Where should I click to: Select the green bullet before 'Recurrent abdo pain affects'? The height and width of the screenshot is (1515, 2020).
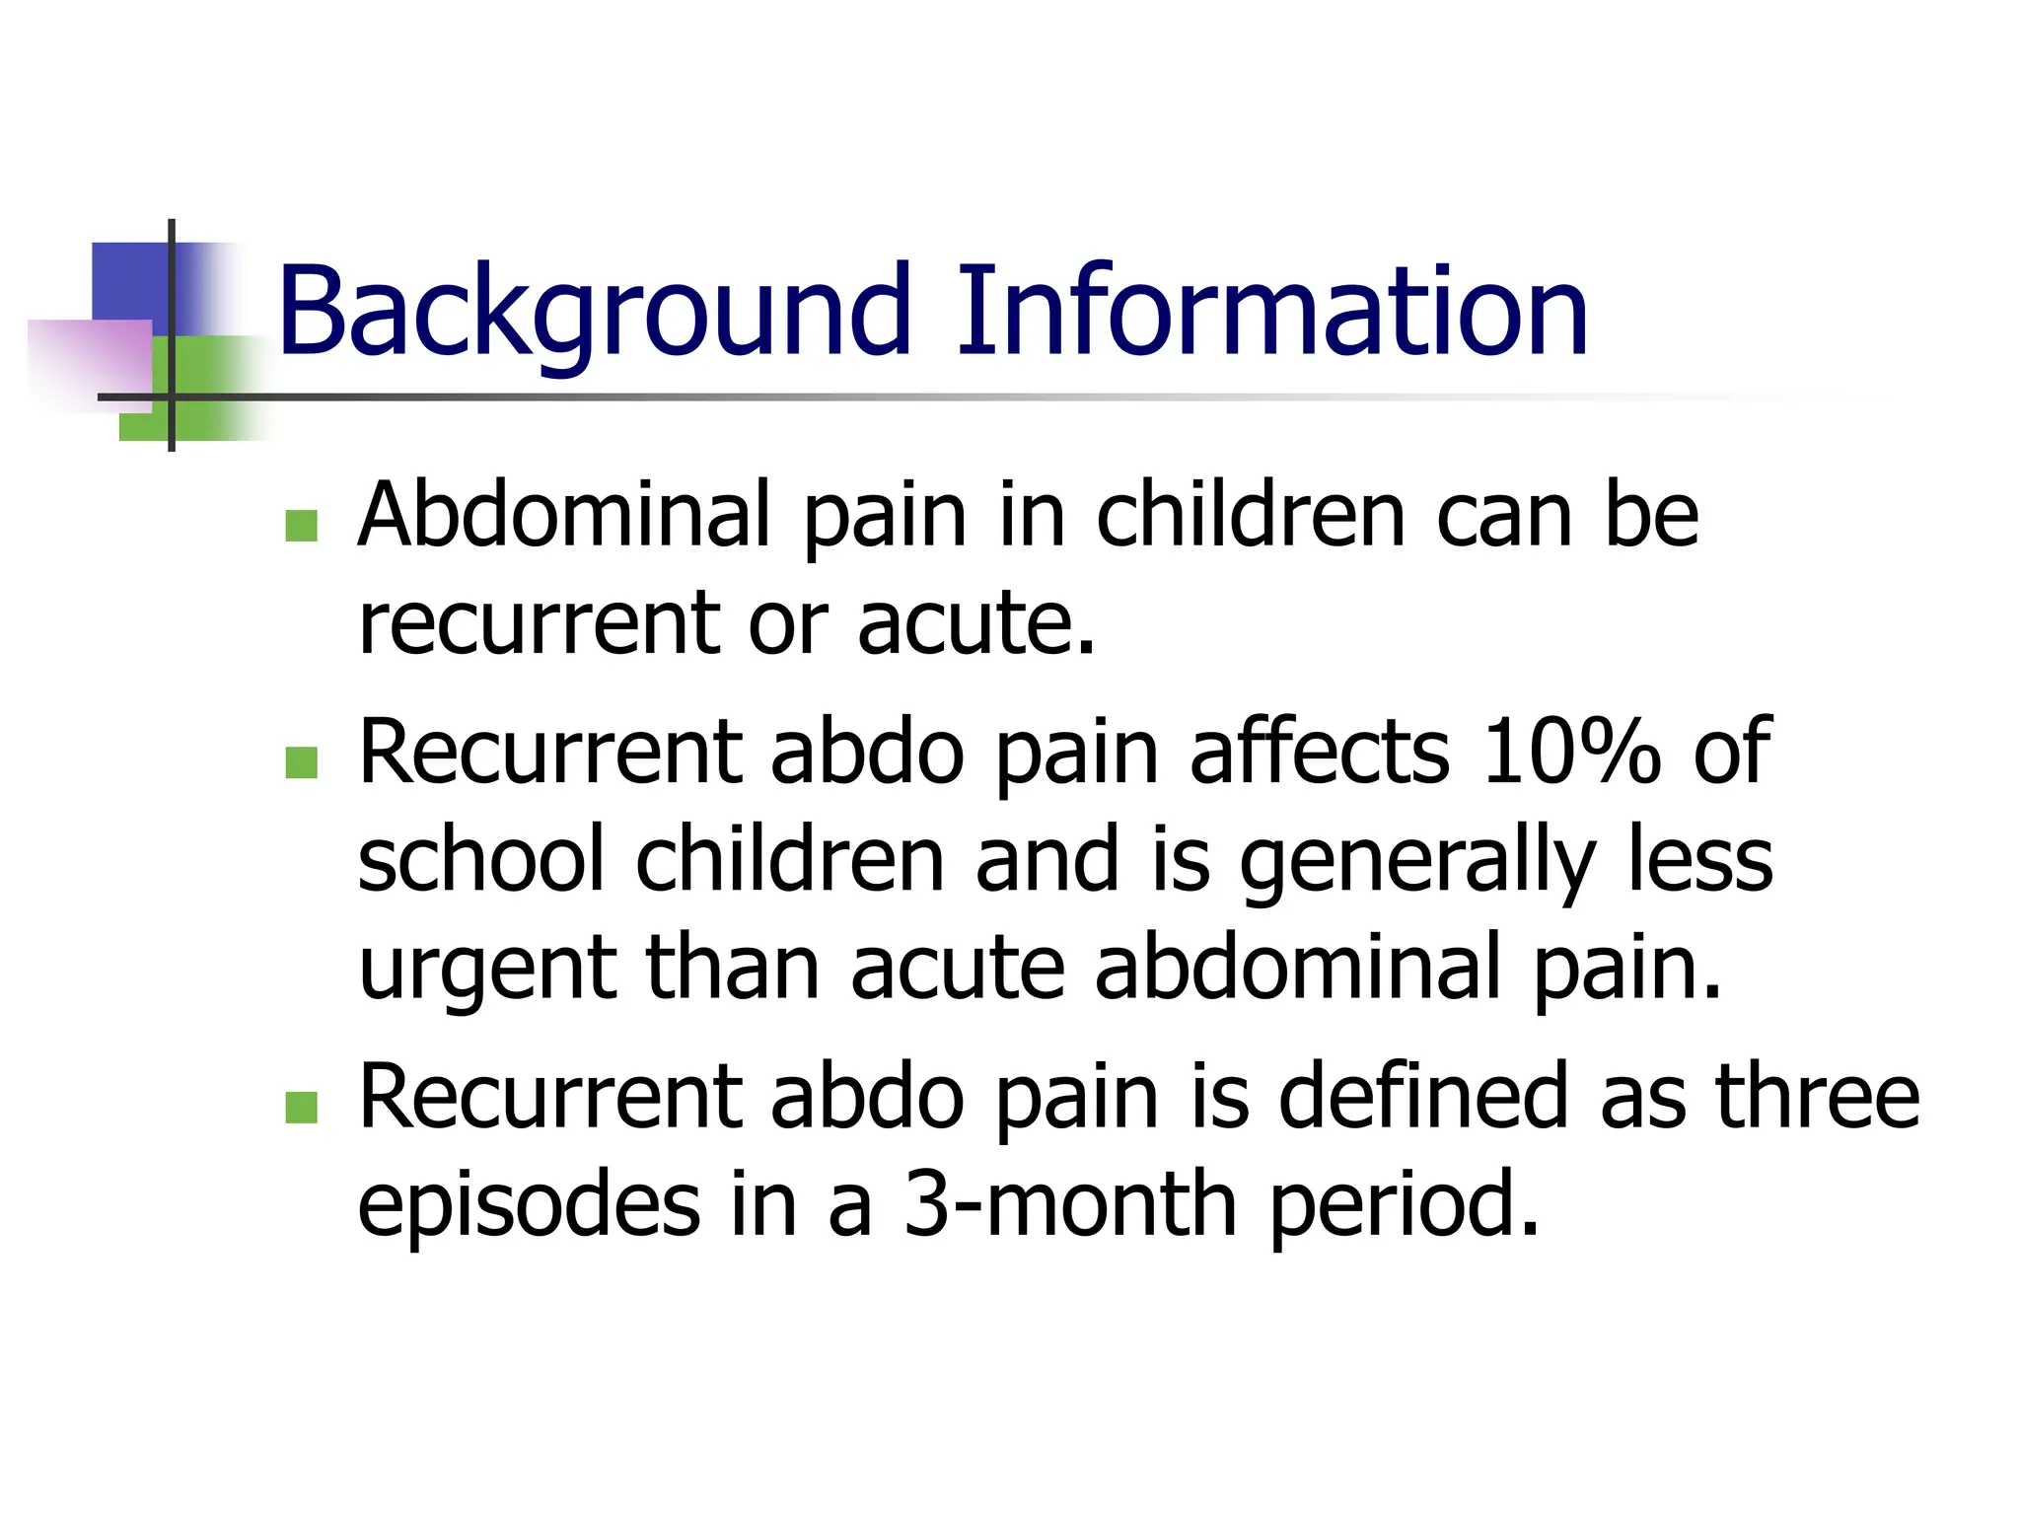[301, 762]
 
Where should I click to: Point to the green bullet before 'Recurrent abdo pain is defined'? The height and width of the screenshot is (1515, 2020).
[301, 1107]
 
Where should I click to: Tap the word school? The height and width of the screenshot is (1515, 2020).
[480, 860]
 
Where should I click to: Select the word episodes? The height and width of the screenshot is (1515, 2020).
[529, 1205]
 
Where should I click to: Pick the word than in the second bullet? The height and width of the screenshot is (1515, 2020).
[731, 969]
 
